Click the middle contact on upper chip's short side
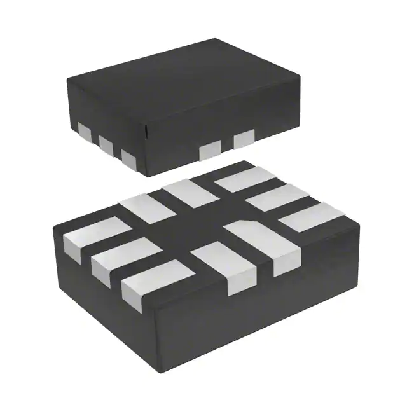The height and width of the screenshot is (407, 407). [x=107, y=145]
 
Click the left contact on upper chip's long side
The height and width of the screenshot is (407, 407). [x=209, y=151]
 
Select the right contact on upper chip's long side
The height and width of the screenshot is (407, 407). [x=244, y=139]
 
